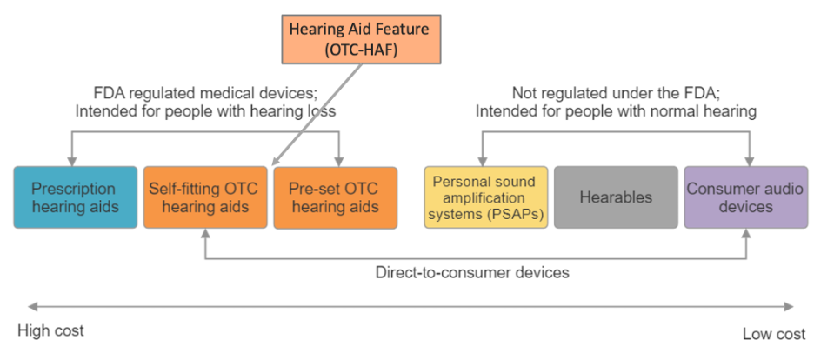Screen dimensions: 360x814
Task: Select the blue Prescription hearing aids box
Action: (75, 197)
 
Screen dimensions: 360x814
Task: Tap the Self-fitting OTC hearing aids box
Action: (204, 197)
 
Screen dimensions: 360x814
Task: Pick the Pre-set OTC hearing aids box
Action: (335, 197)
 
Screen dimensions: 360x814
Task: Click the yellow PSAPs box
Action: (485, 197)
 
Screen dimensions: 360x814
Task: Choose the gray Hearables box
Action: (616, 197)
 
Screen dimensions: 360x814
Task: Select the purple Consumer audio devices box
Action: (745, 197)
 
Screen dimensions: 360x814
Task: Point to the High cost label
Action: (50, 331)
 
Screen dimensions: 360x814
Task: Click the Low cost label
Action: (773, 334)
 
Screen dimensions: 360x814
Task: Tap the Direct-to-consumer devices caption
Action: (472, 272)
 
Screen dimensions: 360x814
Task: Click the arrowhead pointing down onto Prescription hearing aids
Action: (72, 161)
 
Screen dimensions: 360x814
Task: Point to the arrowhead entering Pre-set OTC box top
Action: (339, 161)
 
